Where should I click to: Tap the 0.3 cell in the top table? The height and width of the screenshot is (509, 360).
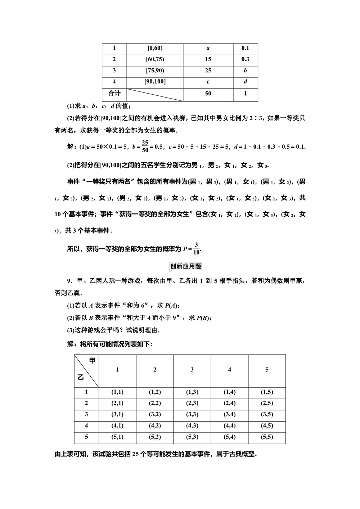coord(245,59)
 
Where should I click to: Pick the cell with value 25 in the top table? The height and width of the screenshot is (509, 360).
coord(208,71)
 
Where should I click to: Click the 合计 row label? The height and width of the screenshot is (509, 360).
coord(114,94)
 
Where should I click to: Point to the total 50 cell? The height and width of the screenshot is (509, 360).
coord(208,94)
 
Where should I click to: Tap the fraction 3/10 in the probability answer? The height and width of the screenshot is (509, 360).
coord(196,248)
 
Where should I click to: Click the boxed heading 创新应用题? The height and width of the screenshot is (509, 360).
coord(185,266)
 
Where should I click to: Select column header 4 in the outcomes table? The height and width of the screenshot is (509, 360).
coord(230,370)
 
